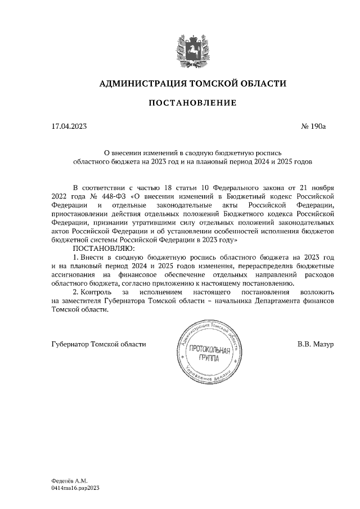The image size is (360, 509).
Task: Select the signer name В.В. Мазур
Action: [316, 344]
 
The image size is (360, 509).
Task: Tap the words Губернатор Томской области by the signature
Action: [98, 344]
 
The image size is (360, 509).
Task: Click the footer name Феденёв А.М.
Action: [65, 481]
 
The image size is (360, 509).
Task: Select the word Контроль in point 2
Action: [96, 292]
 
